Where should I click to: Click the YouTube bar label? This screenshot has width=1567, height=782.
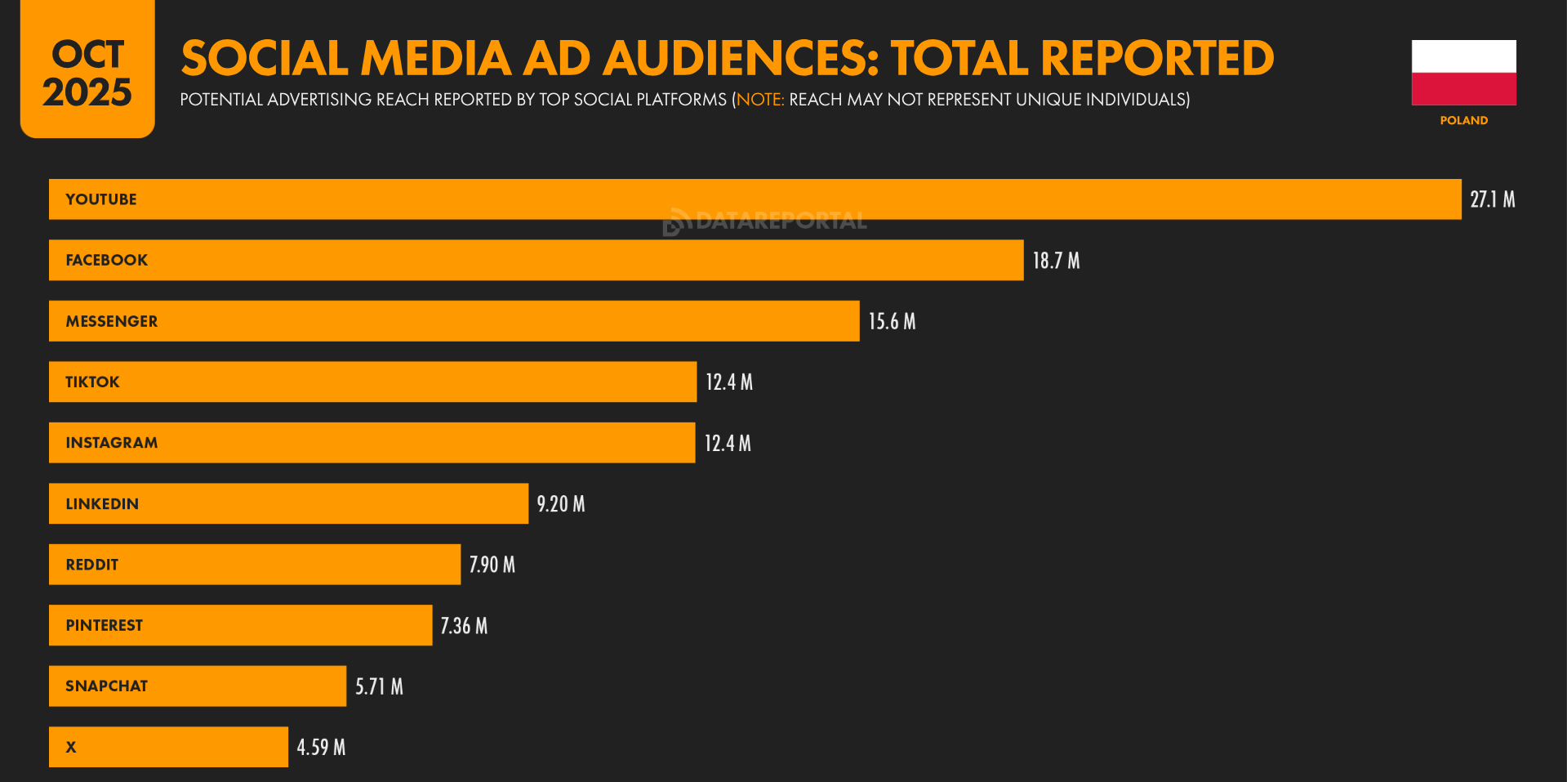tap(101, 199)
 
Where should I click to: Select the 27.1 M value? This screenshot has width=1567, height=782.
tap(1492, 199)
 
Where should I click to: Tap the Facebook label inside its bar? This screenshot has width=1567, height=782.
tap(107, 260)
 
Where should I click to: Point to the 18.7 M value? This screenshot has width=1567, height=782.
tap(1056, 261)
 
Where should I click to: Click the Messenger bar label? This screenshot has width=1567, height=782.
tap(112, 321)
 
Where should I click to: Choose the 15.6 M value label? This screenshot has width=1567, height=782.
tap(892, 321)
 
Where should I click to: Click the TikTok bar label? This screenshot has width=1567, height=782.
tap(92, 382)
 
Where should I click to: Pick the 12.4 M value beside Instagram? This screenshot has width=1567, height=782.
tap(728, 443)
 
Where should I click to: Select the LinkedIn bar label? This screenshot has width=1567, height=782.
tap(102, 503)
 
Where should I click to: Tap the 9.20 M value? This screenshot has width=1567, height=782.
tap(561, 503)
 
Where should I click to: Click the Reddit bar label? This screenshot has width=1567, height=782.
tap(92, 565)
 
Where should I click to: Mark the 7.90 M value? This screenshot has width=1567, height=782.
tap(492, 565)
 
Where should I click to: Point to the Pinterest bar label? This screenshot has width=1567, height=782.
tap(105, 625)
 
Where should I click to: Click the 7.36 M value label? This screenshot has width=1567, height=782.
tap(464, 626)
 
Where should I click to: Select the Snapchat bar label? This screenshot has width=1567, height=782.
tap(107, 686)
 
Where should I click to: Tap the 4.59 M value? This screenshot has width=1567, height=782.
tap(321, 747)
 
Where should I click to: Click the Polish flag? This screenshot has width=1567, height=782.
tap(1464, 73)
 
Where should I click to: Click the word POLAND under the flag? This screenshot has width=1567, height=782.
tap(1464, 120)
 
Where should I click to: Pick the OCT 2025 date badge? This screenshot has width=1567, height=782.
tap(87, 69)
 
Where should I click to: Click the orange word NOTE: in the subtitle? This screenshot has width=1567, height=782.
tap(760, 100)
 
